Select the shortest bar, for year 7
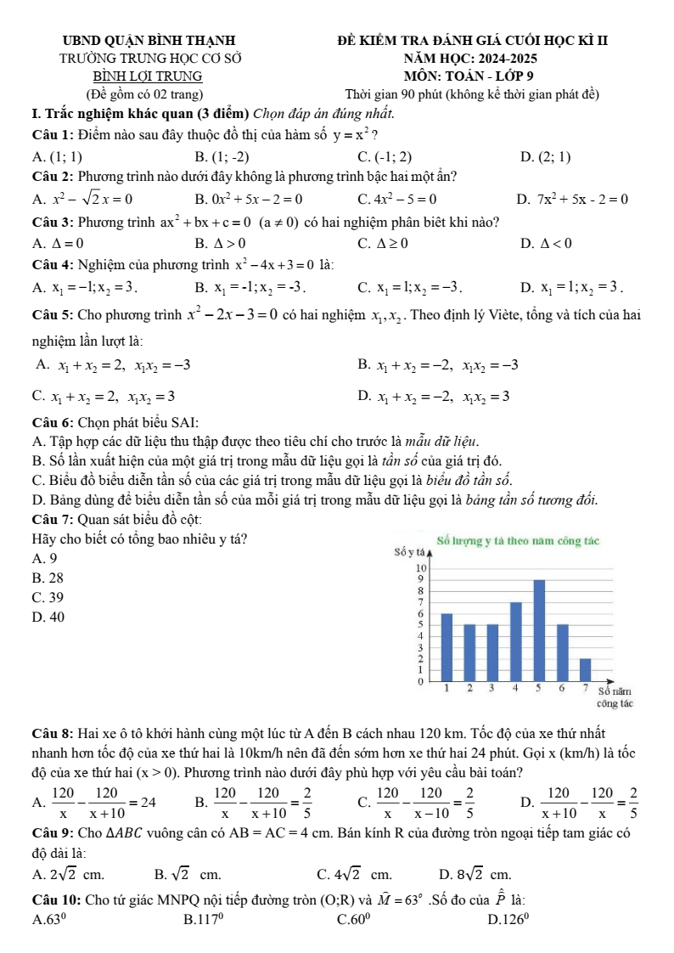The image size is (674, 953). [585, 668]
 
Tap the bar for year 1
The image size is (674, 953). [447, 646]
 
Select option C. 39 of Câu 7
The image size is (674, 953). [47, 597]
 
